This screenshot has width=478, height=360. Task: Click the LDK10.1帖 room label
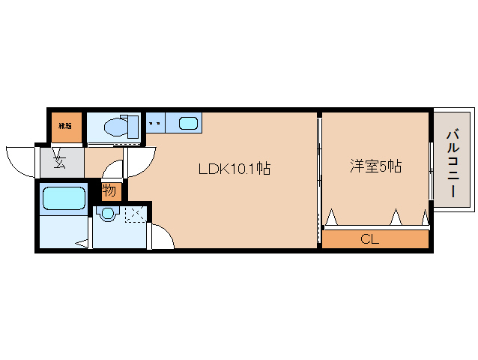234,169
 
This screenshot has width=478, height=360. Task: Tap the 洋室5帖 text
375,166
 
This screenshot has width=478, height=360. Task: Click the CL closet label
369,240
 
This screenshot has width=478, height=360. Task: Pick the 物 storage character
109,190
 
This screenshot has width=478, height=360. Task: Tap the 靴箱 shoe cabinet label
66,125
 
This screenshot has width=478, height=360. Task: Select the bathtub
64,198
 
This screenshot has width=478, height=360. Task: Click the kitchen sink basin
189,124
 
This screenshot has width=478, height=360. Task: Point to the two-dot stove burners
156,121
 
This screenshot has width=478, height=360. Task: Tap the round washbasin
107,214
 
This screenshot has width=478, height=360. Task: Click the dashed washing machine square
135,214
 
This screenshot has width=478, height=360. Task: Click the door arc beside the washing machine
162,236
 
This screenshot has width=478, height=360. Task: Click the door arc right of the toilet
142,159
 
